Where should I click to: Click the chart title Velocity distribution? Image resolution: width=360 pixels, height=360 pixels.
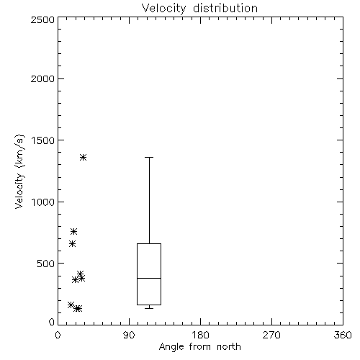199,9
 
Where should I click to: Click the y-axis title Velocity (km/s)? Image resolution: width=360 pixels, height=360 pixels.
19,171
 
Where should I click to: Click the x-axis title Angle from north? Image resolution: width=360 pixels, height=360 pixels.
199,347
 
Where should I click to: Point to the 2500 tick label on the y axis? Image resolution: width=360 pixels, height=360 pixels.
42,19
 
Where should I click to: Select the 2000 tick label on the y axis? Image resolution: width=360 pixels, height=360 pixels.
42,78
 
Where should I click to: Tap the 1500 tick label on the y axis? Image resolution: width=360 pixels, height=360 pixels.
43,140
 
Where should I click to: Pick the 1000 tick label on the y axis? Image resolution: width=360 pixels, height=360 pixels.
43,202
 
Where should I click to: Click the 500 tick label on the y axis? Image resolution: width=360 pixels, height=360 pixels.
46,264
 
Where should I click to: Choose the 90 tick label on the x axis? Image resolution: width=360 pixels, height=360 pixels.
129,335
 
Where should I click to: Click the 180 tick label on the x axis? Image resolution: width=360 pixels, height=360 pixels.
200,335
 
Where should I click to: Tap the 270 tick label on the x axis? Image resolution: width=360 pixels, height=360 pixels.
271,335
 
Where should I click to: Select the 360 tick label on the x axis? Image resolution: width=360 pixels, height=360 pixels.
343,335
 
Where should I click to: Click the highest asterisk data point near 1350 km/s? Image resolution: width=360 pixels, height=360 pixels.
83,158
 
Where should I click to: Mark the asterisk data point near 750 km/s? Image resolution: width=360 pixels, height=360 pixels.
73,231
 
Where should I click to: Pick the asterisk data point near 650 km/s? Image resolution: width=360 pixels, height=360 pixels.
72,244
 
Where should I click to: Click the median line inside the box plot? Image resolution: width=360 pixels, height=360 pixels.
149,278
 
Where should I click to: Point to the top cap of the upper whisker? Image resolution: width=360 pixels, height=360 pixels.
149,157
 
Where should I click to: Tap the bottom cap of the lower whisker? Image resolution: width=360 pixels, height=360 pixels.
149,308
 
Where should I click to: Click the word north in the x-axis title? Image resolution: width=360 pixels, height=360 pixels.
229,347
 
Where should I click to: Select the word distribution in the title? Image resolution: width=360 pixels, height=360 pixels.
225,9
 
